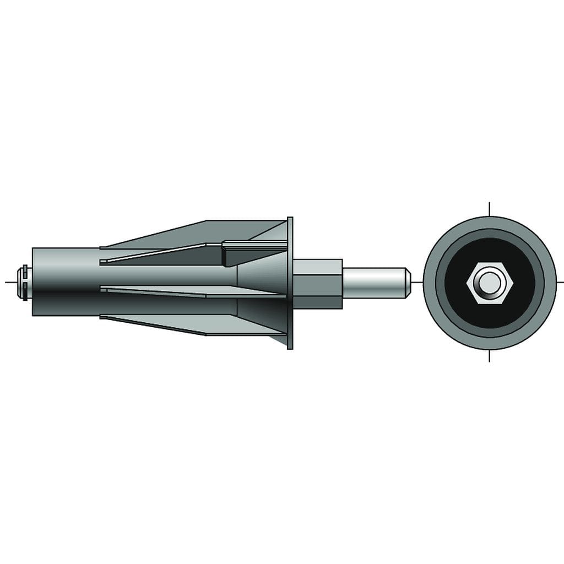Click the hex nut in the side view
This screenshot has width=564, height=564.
(317, 284)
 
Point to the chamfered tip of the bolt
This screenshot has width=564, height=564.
(408, 283)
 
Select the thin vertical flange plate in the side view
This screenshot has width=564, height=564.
(290, 283)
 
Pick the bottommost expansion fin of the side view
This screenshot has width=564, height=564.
(220, 325)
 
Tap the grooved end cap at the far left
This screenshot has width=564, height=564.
(24, 283)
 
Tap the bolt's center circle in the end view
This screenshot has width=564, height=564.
(489, 283)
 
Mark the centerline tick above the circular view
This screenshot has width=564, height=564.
(489, 209)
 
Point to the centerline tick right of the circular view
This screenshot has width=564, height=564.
(560, 283)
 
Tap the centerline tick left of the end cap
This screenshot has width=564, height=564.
(10, 283)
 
